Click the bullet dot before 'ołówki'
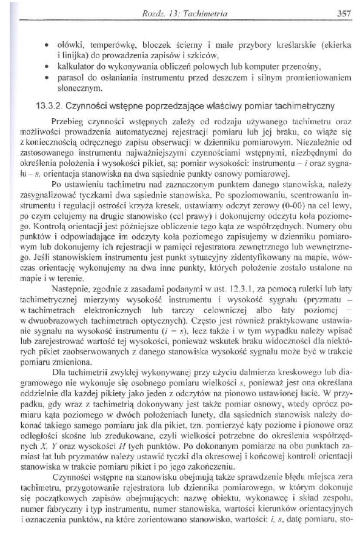[x=47, y=45]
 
